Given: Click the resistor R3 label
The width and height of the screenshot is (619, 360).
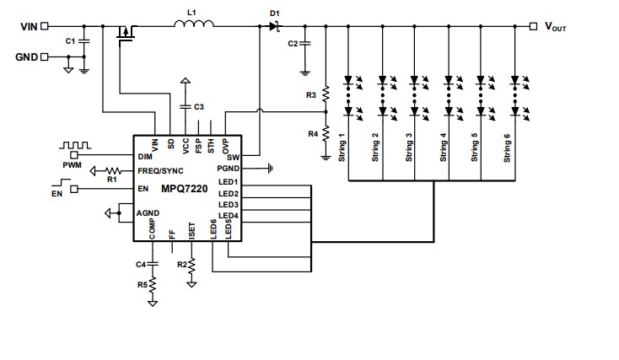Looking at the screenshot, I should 311,96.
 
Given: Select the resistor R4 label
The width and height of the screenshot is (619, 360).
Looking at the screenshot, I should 311,133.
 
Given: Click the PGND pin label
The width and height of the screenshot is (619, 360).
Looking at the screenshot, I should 229,169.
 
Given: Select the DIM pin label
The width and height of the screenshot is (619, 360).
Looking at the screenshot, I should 145,156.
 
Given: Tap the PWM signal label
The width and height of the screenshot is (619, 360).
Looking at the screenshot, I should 73,166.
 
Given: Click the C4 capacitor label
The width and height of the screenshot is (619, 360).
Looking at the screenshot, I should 142,265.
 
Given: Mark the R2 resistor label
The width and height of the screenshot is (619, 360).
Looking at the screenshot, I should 180,265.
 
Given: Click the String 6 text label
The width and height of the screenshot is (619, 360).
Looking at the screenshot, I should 507,147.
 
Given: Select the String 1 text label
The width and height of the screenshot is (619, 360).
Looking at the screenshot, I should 342,147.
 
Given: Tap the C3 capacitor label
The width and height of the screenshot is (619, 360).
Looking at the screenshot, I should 199,107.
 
